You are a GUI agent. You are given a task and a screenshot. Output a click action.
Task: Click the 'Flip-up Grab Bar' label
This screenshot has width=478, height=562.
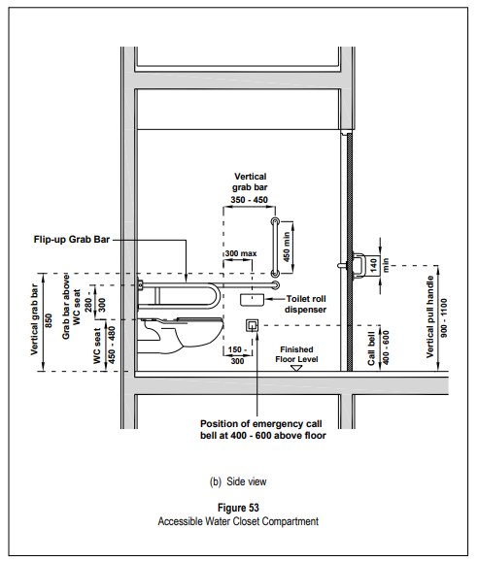click(x=72, y=240)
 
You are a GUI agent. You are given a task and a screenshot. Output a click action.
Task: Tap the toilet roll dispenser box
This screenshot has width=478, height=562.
click(x=252, y=300)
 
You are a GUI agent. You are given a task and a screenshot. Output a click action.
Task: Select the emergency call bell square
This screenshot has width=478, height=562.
click(x=252, y=325)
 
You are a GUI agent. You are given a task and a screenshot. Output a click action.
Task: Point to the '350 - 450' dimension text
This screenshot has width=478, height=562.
click(x=250, y=200)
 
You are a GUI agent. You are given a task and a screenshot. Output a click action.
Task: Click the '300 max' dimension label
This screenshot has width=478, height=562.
click(x=241, y=253)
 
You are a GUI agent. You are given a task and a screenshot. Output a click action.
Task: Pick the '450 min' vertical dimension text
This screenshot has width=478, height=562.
click(x=287, y=247)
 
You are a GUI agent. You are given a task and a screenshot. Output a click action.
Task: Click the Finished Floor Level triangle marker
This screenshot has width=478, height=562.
click(x=295, y=368)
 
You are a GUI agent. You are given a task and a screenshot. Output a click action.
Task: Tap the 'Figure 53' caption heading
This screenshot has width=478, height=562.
click(x=238, y=508)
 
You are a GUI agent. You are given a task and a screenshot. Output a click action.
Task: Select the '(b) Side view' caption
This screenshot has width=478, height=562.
click(x=238, y=481)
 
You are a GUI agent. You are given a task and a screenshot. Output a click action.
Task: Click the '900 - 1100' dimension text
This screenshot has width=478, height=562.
click(x=444, y=318)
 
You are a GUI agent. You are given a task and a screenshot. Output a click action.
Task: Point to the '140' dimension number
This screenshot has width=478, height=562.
click(x=374, y=265)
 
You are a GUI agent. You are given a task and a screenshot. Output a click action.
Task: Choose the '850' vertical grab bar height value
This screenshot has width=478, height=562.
click(x=49, y=320)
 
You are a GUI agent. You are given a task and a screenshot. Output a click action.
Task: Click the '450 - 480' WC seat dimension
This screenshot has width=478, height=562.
click(x=112, y=345)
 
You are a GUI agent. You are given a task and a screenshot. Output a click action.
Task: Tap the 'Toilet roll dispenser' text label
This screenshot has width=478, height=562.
click(x=306, y=304)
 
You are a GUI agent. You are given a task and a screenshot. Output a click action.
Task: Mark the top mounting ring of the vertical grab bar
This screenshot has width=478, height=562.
click(x=275, y=221)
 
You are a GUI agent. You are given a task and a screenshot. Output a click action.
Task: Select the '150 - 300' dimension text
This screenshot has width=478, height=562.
click(x=237, y=355)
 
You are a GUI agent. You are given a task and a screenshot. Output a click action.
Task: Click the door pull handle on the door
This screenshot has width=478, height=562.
click(x=357, y=266)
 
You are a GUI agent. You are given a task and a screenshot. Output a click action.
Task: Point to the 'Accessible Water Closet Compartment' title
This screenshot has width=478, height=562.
click(x=238, y=521)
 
